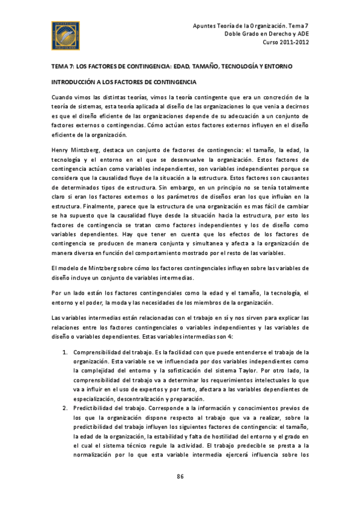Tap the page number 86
pos(180,477)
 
